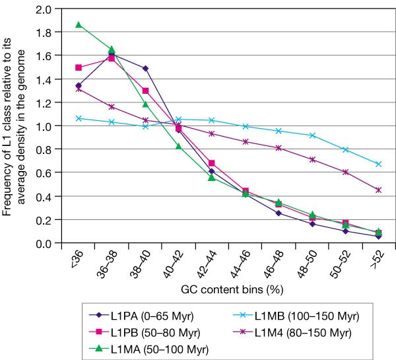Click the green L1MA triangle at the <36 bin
pyautogui.click(x=79, y=25)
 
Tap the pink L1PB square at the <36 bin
pyautogui.click(x=79, y=67)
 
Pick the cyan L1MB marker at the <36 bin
pyautogui.click(x=79, y=118)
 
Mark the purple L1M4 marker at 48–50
pyautogui.click(x=312, y=160)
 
